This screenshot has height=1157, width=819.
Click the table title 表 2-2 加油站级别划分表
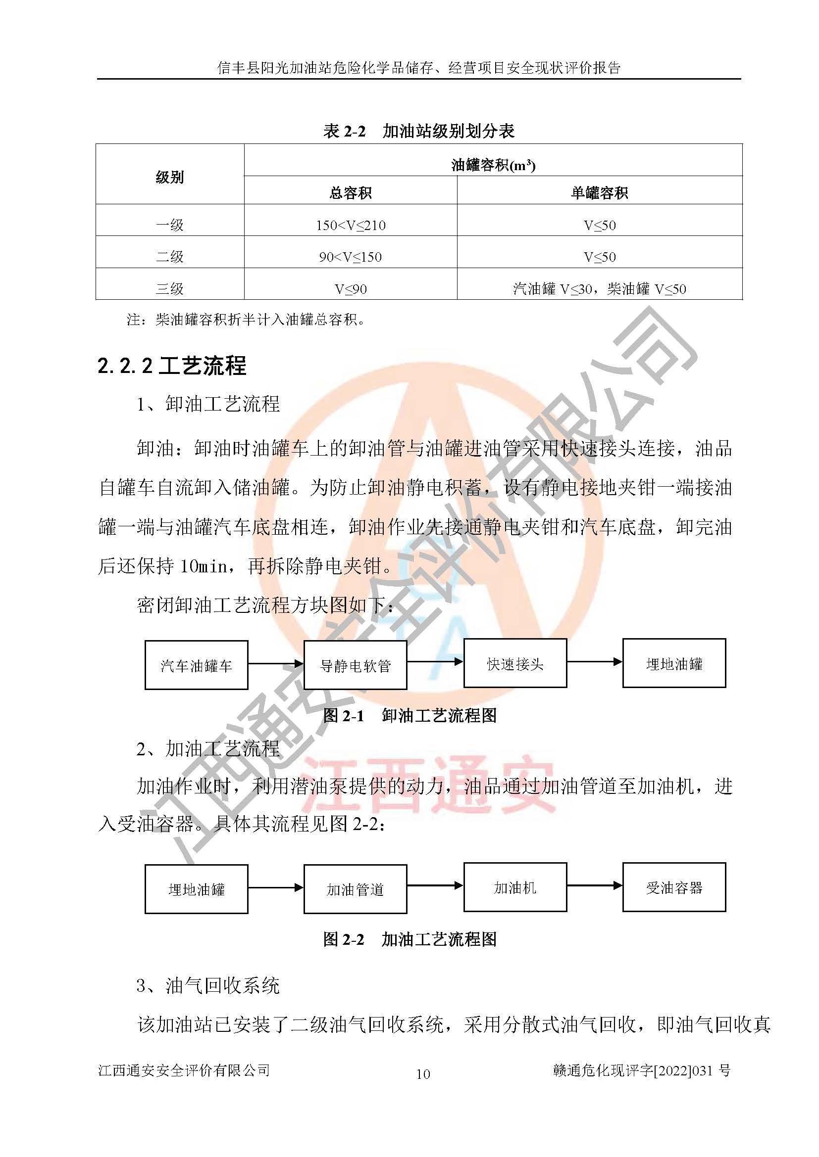click(x=418, y=131)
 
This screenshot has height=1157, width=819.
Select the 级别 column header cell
click(x=169, y=177)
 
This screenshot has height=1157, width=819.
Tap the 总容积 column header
click(x=350, y=193)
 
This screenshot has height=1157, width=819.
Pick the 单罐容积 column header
click(x=599, y=193)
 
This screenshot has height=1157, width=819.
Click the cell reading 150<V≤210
click(x=351, y=225)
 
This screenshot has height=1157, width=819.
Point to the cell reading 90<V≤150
click(x=350, y=257)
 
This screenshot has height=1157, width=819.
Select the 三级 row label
click(x=169, y=289)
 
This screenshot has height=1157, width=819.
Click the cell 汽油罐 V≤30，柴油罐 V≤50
click(x=599, y=289)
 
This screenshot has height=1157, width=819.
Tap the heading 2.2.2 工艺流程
click(x=171, y=366)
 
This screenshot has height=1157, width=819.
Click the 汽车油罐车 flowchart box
click(x=196, y=665)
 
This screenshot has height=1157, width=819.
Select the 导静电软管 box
click(x=355, y=665)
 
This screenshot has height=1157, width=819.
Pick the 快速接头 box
click(x=515, y=663)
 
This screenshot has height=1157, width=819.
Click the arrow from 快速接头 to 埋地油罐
click(x=594, y=662)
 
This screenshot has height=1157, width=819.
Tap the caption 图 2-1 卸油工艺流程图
click(x=409, y=715)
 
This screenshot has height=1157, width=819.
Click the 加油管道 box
click(x=355, y=889)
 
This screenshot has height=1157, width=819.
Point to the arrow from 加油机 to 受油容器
click(x=594, y=885)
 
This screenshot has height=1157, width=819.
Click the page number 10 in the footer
click(x=422, y=1074)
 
